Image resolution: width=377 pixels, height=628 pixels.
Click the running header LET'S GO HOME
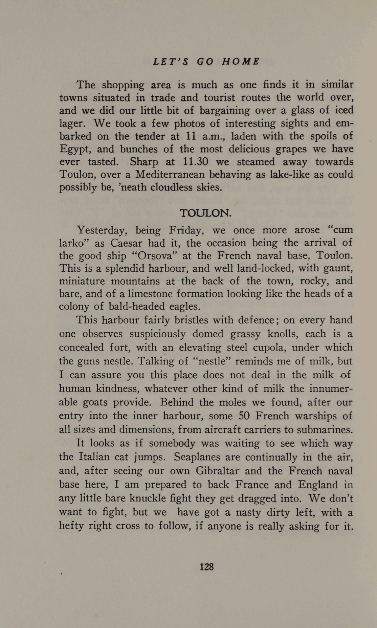click(x=206, y=62)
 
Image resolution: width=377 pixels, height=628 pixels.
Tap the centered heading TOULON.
click(x=205, y=213)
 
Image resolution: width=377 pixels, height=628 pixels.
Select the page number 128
click(x=206, y=566)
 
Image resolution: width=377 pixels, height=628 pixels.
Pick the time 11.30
click(x=195, y=162)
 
